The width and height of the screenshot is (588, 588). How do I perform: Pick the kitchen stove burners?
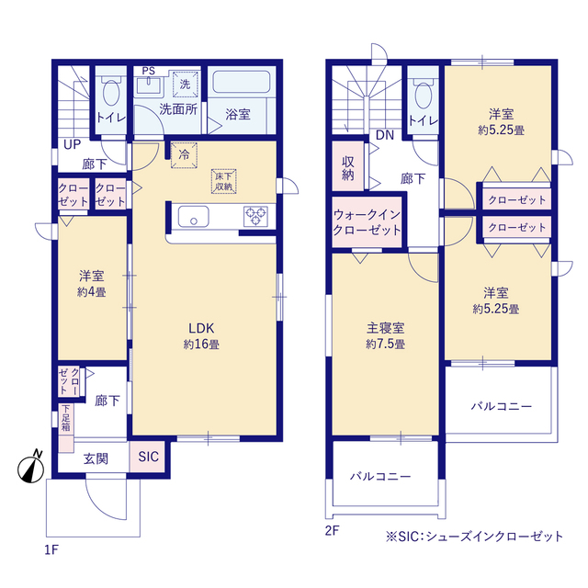pyautogui.click(x=254, y=217)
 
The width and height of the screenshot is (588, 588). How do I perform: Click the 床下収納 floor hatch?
pyautogui.click(x=223, y=180)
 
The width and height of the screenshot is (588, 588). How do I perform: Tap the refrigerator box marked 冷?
pyautogui.click(x=183, y=154)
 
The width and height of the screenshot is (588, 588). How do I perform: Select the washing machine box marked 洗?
pyautogui.click(x=185, y=85)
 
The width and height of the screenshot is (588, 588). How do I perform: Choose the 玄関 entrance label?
pyautogui.click(x=96, y=458)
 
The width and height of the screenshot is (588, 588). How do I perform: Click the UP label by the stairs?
pyautogui.click(x=72, y=143)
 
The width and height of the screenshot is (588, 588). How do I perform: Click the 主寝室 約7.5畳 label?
pyautogui.click(x=385, y=335)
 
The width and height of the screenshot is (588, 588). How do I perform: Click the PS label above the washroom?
pyautogui.click(x=147, y=70)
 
